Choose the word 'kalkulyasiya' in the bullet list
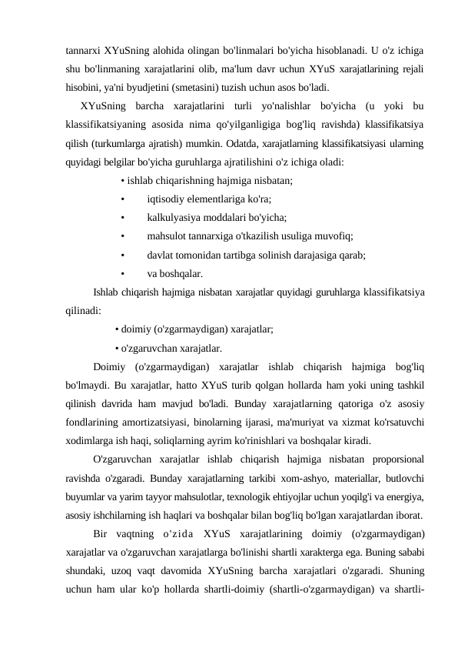point(174,218)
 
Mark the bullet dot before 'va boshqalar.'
point(123,273)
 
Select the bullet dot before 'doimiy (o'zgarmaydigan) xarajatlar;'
point(116,329)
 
